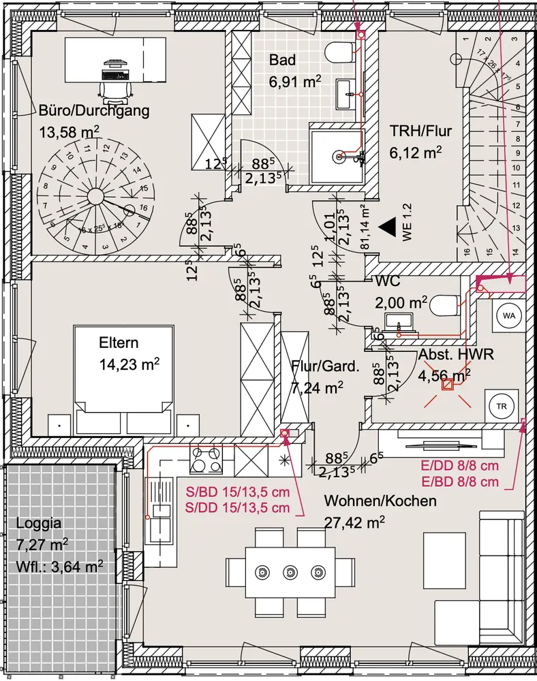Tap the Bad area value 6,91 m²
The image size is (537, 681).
[295, 83]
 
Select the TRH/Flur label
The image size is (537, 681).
[420, 131]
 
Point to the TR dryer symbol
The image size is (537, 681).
[502, 407]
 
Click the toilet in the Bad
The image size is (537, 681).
[339, 52]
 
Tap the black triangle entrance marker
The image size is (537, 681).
[388, 227]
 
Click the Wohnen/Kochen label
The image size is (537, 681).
[380, 501]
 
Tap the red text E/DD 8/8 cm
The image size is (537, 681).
[460, 468]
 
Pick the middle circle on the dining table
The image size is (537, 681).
[290, 571]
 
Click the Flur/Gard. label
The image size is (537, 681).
[324, 366]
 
